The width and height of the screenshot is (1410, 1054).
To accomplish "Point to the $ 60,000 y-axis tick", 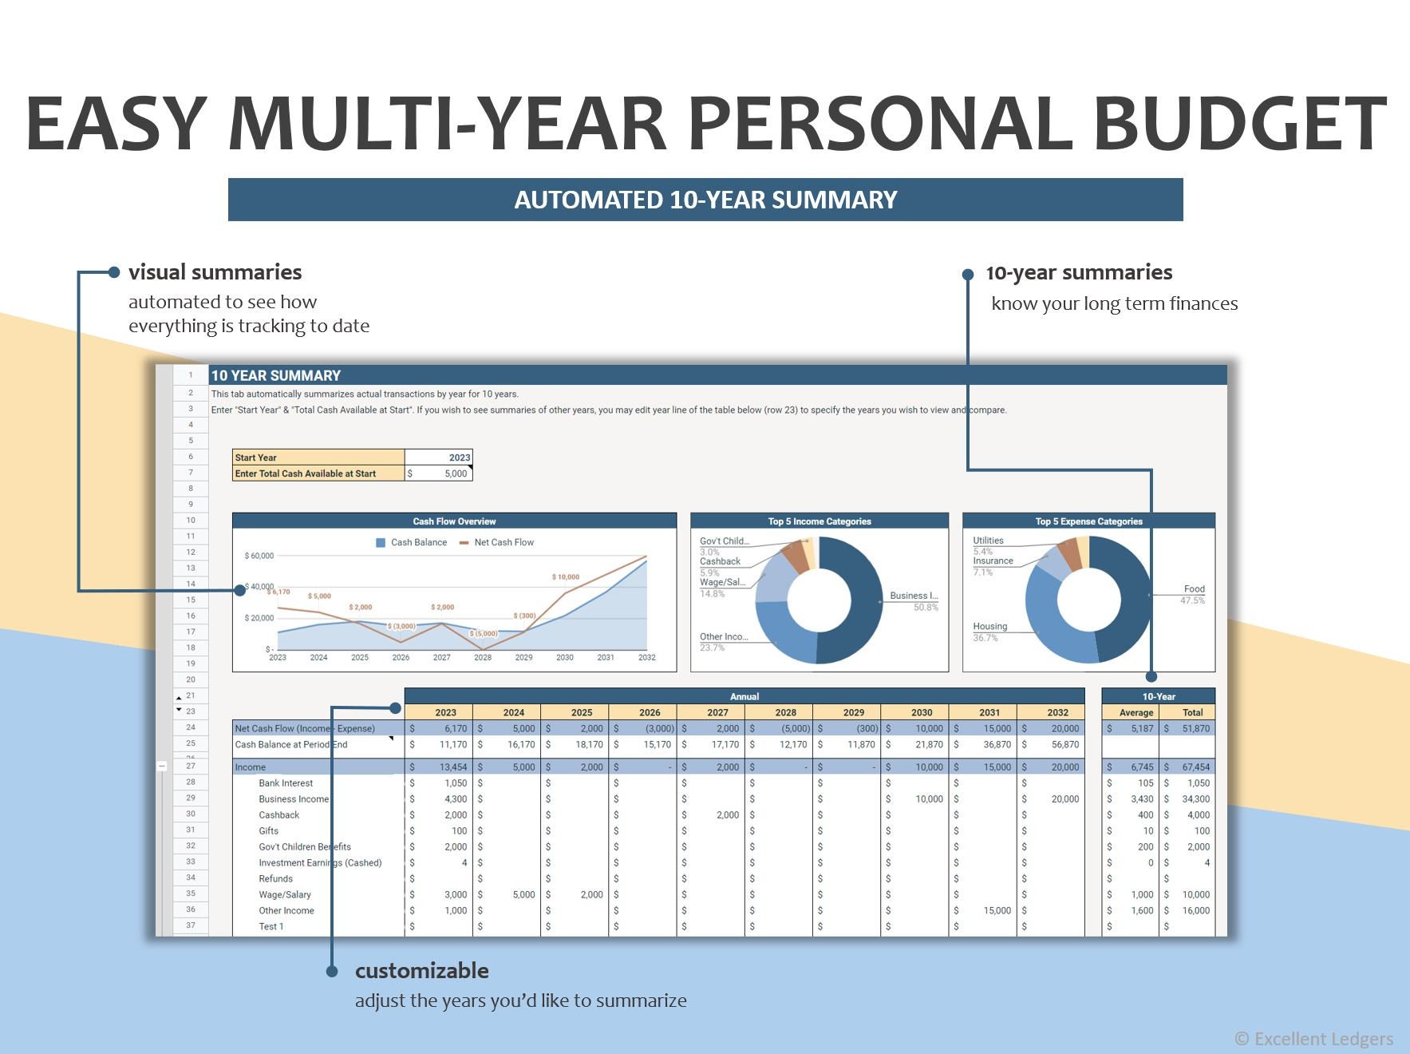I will click(x=259, y=556).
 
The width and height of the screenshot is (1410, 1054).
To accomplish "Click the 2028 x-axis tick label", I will click(x=483, y=657).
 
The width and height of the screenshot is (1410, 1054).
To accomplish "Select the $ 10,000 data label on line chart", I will click(x=566, y=577).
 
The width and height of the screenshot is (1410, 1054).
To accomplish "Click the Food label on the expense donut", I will click(x=1194, y=589).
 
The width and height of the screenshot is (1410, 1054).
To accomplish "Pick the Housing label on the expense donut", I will click(x=989, y=627).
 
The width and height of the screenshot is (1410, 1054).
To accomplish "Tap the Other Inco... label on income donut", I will click(x=724, y=637).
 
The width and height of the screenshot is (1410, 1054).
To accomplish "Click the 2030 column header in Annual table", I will click(x=922, y=712).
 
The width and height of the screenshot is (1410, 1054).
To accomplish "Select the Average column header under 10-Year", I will click(x=1136, y=712).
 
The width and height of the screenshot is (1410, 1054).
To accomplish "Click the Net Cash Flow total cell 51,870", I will click(x=1195, y=728).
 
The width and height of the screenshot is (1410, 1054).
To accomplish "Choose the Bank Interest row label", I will click(x=286, y=783).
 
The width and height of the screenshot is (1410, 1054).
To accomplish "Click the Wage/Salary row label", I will click(x=285, y=895).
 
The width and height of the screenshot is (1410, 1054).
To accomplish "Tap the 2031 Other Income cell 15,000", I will click(x=997, y=911).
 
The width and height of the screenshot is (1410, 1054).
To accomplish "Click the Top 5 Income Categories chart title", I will click(x=820, y=521).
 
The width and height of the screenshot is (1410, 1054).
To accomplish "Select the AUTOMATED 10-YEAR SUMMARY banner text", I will click(x=705, y=200).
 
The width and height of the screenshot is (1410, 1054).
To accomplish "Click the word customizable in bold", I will click(x=421, y=971).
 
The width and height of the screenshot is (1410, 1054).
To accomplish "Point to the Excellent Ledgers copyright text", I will click(x=1313, y=1039).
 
